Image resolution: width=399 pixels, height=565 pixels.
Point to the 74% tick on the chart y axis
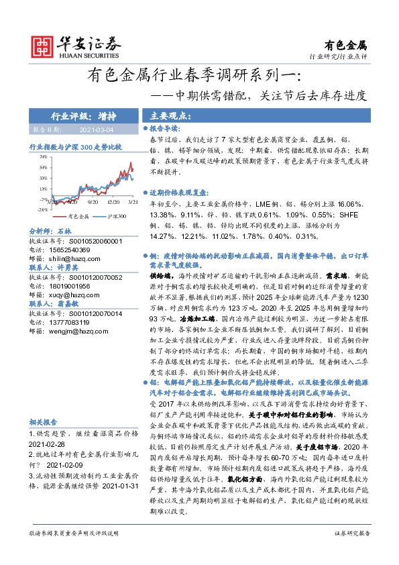pos(42,156)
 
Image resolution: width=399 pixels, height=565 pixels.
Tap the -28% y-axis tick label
pos(42,209)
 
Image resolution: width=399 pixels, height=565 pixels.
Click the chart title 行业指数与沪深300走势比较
pos(75,146)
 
